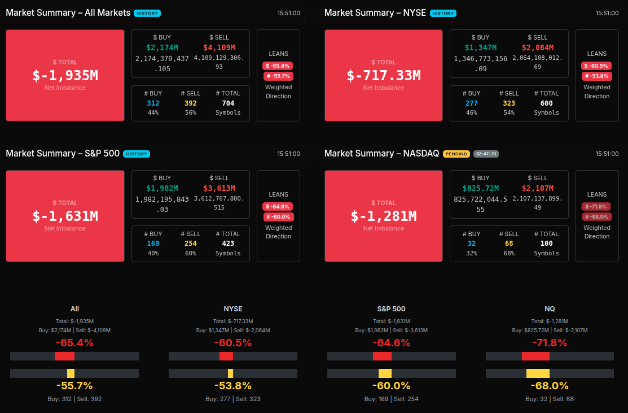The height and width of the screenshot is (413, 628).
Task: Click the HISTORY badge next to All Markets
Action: click(147, 13)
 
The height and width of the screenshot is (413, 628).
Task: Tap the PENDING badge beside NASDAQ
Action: click(456, 154)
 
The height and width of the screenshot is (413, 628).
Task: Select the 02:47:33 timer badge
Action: click(486, 154)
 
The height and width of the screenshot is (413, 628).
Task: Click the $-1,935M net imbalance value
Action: click(65, 76)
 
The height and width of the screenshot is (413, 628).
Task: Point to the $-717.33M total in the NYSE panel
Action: click(384, 76)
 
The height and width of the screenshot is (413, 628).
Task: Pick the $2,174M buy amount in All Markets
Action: click(162, 47)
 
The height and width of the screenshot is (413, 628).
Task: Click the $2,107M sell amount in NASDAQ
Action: click(537, 188)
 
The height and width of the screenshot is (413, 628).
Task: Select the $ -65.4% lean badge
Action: click(278, 66)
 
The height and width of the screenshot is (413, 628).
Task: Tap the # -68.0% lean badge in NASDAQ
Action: click(596, 217)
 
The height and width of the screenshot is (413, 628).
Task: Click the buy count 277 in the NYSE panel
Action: click(472, 103)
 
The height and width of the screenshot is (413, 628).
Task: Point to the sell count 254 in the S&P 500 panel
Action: click(190, 244)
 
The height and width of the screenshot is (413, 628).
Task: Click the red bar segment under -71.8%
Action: click(535, 356)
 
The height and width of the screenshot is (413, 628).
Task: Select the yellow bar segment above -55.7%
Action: click(71, 373)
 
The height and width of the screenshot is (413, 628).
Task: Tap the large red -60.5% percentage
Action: click(232, 343)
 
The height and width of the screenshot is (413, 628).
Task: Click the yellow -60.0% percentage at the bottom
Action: click(391, 386)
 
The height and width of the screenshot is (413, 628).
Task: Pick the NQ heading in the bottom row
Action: click(550, 309)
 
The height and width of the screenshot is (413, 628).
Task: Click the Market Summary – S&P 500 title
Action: click(63, 153)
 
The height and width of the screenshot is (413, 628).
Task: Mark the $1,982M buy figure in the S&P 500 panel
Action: click(162, 188)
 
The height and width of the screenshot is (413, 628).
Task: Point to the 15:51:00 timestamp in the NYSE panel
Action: click(607, 13)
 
